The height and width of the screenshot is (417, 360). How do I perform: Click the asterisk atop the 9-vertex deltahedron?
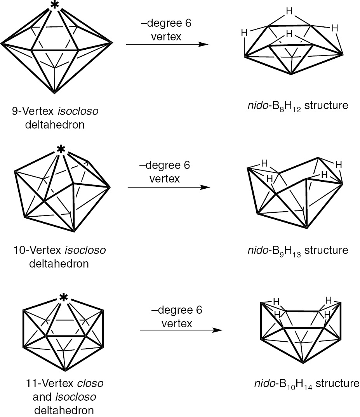[55, 5]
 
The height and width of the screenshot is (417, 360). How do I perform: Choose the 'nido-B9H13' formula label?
[270, 250]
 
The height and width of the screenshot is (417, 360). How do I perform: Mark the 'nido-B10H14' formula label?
[278, 384]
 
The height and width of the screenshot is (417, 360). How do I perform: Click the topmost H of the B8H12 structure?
[289, 12]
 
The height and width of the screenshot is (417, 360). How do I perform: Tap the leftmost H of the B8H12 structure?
[244, 33]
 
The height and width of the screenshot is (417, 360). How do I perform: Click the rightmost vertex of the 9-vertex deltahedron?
[113, 43]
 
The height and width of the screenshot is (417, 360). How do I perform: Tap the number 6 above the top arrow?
[188, 23]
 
